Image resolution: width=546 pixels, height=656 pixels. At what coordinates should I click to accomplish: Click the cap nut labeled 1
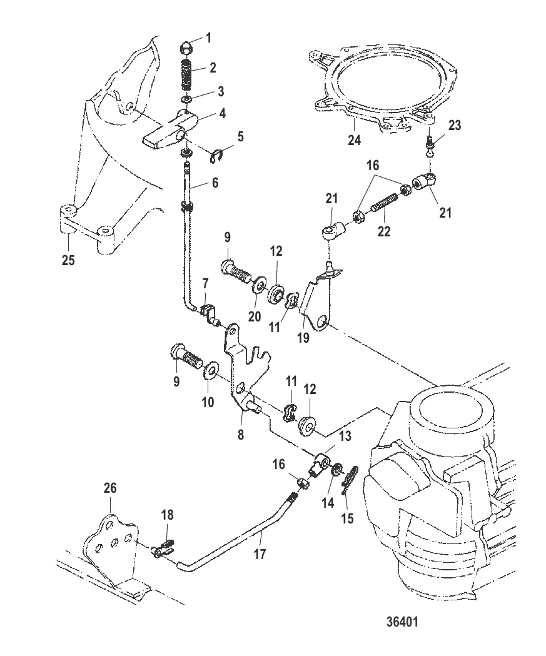coord(186,47)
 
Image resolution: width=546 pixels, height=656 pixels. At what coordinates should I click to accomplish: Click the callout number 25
coord(68,260)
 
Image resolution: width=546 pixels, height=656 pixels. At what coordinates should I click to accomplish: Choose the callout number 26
coord(109,487)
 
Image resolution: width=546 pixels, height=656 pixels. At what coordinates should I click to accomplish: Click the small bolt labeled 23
coord(430,147)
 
